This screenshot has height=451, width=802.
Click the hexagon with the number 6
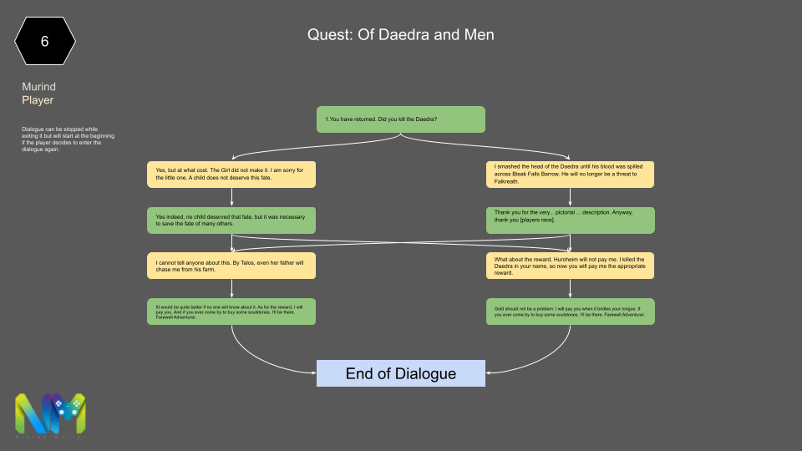[45, 40]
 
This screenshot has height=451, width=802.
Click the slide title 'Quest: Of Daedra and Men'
[401, 35]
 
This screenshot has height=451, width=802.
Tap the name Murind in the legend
[39, 87]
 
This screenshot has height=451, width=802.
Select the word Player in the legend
[38, 100]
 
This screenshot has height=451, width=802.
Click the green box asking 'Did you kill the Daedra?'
[401, 119]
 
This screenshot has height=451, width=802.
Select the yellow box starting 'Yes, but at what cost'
[231, 174]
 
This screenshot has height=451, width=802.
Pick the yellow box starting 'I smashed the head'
[571, 174]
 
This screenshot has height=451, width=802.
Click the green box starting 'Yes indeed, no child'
[231, 220]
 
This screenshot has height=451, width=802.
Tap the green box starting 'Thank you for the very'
[571, 220]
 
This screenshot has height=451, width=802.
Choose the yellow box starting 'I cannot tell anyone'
[231, 266]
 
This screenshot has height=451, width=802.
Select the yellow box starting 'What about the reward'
[571, 266]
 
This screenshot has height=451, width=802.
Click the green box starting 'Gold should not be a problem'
[571, 312]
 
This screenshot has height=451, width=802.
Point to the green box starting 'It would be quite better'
[231, 312]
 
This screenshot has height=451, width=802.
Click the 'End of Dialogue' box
[401, 373]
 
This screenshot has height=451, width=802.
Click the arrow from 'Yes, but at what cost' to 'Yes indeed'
[231, 196]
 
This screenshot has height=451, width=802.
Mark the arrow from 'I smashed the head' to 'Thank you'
[571, 196]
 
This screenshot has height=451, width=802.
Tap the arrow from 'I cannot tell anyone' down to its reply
[231, 288]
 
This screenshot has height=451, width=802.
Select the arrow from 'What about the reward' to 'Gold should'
[571, 288]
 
